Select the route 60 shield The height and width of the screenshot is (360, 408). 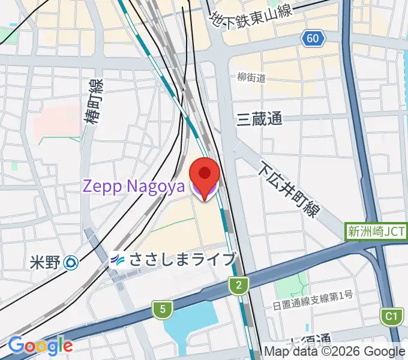click(x=313, y=39)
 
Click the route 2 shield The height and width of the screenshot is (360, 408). click(x=238, y=286)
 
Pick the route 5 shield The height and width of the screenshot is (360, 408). click(x=161, y=310)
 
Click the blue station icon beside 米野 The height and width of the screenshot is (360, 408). click(x=71, y=262)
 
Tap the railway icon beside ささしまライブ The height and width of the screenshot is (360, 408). click(x=118, y=260)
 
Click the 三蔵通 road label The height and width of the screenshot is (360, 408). click(x=259, y=119)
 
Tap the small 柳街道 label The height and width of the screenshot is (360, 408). click(x=251, y=77)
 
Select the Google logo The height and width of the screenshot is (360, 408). click(x=40, y=345)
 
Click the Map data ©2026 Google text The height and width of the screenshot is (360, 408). click(x=335, y=352)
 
